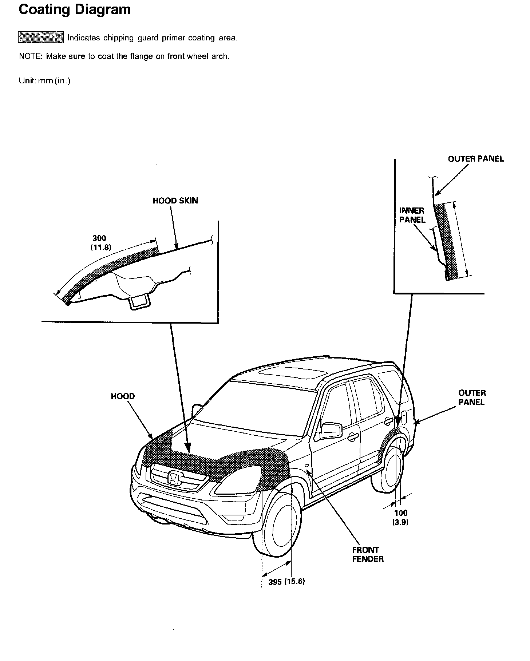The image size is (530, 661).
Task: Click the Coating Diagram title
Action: pyautogui.click(x=75, y=10)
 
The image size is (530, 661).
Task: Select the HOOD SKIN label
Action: pyautogui.click(x=175, y=201)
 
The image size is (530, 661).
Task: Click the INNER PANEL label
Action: pyautogui.click(x=412, y=215)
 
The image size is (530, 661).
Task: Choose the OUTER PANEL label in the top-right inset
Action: pyautogui.click(x=476, y=159)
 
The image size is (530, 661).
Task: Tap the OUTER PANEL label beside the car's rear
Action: pyautogui.click(x=472, y=397)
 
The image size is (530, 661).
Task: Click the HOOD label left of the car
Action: pyautogui.click(x=123, y=396)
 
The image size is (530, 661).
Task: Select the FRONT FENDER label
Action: pyautogui.click(x=368, y=554)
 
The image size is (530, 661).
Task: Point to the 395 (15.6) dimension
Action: pyautogui.click(x=286, y=582)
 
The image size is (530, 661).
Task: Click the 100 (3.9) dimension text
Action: pyautogui.click(x=400, y=518)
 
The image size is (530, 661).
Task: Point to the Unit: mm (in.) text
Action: pyautogui.click(x=45, y=81)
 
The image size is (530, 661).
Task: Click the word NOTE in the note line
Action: pyautogui.click(x=31, y=56)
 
